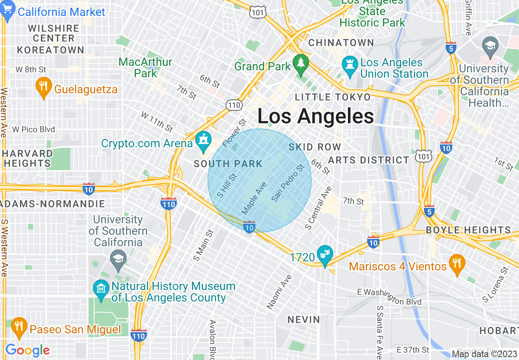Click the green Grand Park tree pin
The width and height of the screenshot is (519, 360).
(x=301, y=64)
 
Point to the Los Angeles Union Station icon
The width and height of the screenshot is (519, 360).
(x=350, y=67)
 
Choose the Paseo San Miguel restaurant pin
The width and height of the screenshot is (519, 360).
(x=18, y=326)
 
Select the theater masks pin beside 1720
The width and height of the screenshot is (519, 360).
(x=325, y=255)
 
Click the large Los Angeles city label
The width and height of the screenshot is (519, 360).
(x=315, y=117)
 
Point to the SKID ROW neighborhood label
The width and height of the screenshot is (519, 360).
(x=315, y=147)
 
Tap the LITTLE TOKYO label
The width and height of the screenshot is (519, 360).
(x=333, y=97)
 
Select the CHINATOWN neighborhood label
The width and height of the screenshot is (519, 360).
(x=341, y=43)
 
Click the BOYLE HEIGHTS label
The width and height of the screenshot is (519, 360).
(x=468, y=230)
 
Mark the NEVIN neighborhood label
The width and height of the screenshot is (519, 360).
(x=304, y=319)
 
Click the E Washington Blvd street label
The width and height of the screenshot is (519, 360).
(x=389, y=297)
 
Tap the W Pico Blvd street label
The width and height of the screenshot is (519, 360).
(x=34, y=130)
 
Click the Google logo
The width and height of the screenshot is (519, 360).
(x=27, y=351)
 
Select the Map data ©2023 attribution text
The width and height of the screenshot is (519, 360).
(x=484, y=354)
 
